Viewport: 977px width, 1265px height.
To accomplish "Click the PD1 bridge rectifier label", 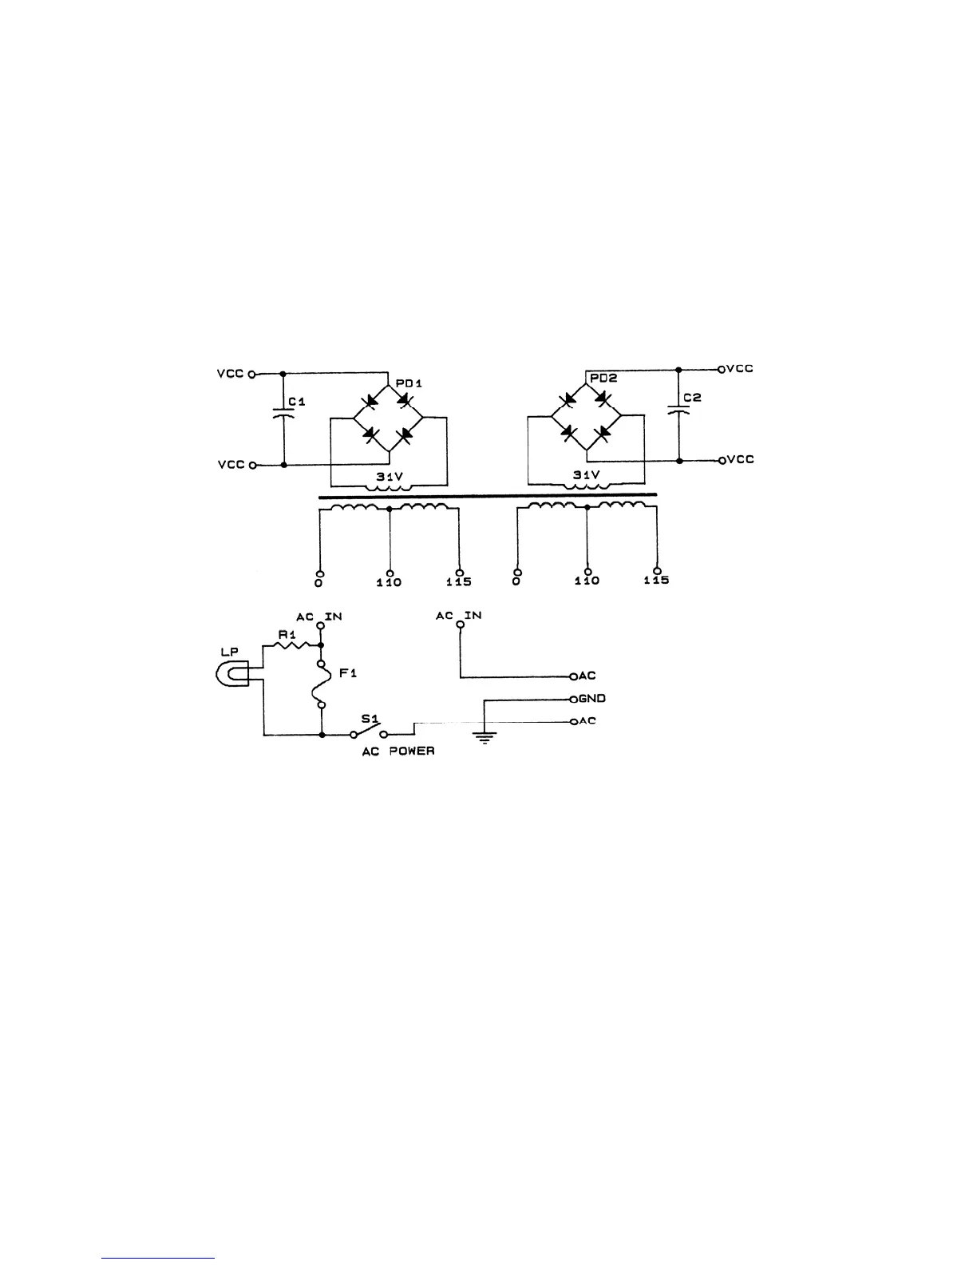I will click(x=409, y=384).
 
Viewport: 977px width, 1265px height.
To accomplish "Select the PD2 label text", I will click(x=602, y=380).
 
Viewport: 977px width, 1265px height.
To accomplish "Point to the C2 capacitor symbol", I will click(x=678, y=410).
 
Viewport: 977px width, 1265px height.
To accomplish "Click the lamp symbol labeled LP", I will click(x=232, y=675).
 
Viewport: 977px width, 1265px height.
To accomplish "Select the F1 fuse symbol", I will click(x=321, y=684).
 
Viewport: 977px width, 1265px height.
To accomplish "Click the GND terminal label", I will click(x=592, y=699).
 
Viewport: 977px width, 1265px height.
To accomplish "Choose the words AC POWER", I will click(x=398, y=751).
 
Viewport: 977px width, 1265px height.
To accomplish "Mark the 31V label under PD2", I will click(x=587, y=474).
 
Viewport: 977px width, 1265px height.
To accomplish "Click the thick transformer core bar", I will click(x=488, y=496).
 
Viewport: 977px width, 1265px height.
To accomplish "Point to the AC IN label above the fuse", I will click(x=319, y=617).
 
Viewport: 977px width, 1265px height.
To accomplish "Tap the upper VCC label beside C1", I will click(x=231, y=373).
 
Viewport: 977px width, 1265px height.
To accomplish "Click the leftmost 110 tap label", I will click(x=390, y=583).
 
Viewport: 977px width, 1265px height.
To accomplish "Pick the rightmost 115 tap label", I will click(x=656, y=581).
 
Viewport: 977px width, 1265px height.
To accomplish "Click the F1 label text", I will click(x=348, y=673).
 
